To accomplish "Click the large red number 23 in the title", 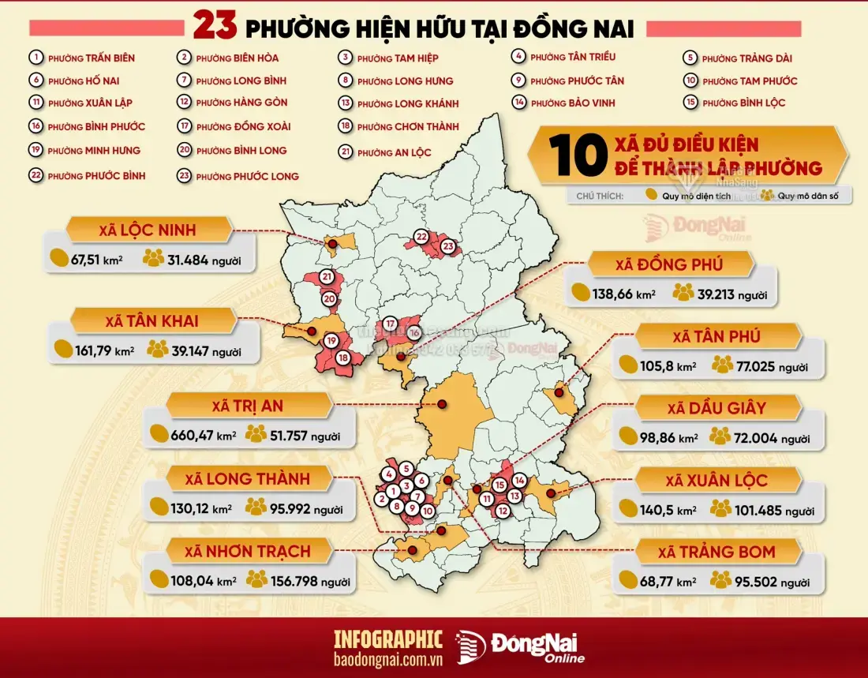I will (215, 27).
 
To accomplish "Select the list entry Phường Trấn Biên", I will (91, 58).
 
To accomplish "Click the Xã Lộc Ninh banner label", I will (148, 230).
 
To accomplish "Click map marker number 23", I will (448, 246).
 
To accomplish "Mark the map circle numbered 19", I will (331, 341).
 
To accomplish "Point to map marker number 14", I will (519, 480).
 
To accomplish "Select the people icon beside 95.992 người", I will (256, 508).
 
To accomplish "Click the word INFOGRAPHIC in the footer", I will (388, 639).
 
